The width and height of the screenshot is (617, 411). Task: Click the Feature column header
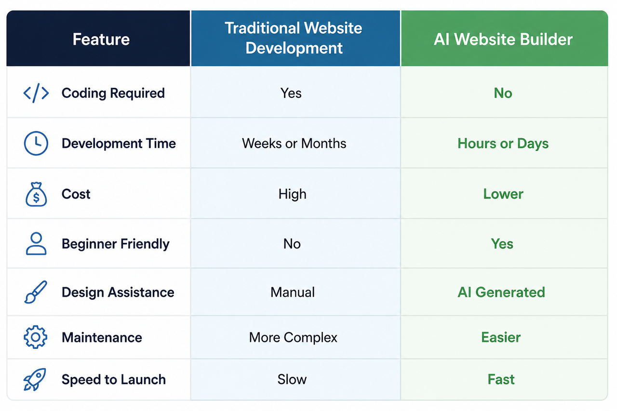point(101,39)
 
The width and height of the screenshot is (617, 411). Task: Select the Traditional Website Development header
point(294,38)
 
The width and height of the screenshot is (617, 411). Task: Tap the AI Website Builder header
point(503,39)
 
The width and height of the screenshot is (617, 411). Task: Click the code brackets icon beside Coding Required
point(36,93)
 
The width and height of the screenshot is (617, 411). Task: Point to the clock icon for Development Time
point(36,144)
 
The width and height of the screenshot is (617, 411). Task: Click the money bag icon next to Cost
point(36,194)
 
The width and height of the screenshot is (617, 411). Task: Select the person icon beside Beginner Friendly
point(36,244)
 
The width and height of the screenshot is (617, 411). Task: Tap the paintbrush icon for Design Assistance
point(36,292)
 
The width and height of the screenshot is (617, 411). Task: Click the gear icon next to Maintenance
point(36,337)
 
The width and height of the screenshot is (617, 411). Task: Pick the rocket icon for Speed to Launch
point(35,379)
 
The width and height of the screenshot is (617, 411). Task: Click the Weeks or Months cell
point(294,144)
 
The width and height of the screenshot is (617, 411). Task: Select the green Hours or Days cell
point(503,144)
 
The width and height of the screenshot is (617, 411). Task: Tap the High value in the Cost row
point(292,194)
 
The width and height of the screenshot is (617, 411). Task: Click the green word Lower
point(503,194)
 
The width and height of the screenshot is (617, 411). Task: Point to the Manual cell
point(293,292)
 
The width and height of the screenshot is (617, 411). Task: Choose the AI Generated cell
point(501,292)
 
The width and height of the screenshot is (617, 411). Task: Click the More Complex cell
point(293,337)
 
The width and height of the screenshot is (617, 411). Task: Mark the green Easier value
point(501,337)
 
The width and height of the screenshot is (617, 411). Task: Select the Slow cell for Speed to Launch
point(292,379)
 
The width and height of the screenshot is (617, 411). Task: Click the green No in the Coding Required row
point(503,93)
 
